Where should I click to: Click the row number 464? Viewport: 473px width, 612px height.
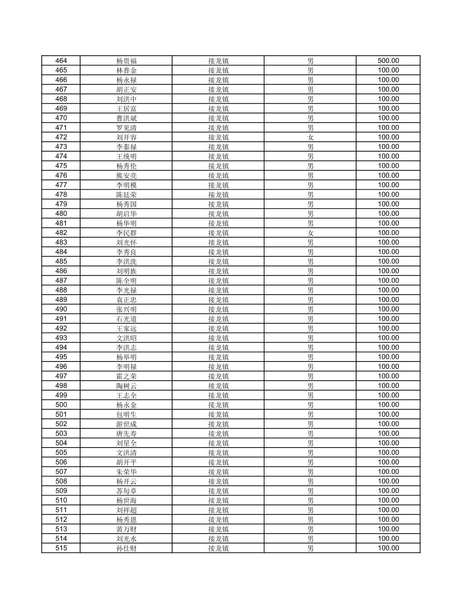click(x=61, y=61)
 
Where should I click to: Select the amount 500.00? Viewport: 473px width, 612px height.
click(x=388, y=61)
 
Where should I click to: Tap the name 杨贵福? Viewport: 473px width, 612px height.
click(x=126, y=61)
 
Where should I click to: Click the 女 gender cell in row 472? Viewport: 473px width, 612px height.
click(x=310, y=137)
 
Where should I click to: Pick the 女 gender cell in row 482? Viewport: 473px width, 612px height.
click(x=310, y=233)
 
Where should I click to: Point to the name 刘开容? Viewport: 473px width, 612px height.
click(x=126, y=137)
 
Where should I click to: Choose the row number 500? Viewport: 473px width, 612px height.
click(x=61, y=405)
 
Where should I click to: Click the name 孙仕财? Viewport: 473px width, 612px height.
click(x=126, y=548)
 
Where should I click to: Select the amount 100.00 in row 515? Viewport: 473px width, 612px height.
click(x=388, y=548)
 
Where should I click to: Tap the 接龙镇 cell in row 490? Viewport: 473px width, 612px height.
click(x=218, y=309)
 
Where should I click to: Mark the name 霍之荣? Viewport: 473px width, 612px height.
click(x=126, y=376)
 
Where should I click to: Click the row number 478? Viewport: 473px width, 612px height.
click(x=61, y=194)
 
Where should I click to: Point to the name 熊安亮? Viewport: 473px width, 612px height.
click(x=126, y=176)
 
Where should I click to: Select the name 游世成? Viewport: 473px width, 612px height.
click(x=126, y=424)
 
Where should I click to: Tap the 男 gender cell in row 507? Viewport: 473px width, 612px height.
click(x=310, y=472)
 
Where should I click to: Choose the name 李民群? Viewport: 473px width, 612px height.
click(x=126, y=233)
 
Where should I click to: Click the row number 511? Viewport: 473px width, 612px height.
click(x=61, y=510)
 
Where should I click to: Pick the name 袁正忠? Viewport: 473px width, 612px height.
click(x=126, y=300)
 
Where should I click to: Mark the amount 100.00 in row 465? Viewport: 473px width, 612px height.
click(x=388, y=70)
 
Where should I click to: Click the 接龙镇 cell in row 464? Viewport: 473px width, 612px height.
click(x=218, y=61)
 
